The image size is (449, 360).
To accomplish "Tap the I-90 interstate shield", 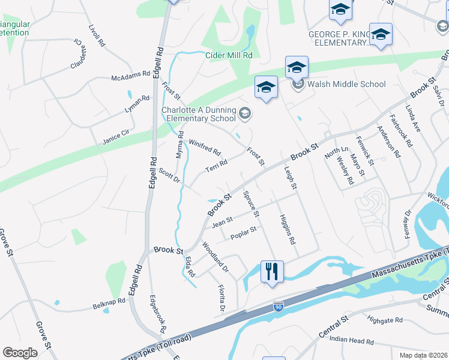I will pos(278,307).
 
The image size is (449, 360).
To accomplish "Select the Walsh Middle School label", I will pos(346,85).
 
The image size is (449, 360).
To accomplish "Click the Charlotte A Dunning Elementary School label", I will pos(199,114).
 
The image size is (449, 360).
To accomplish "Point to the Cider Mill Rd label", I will pos(229,55).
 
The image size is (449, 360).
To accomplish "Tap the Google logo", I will pos(20,352).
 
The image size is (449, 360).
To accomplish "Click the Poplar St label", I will pos(244,233).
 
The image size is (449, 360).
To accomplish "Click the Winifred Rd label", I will pos(205,148).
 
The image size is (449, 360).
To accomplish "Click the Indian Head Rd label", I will pos(352,342).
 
